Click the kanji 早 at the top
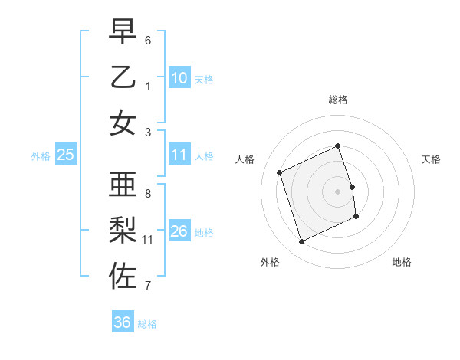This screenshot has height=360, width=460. pyautogui.click(x=123, y=32)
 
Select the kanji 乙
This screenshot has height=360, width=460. pyautogui.click(x=123, y=77)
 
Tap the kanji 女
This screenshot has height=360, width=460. pyautogui.click(x=123, y=123)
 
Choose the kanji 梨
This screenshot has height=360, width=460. pyautogui.click(x=123, y=230)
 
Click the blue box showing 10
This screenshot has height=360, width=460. pyautogui.click(x=179, y=78)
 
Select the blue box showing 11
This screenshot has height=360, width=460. pyautogui.click(x=179, y=155)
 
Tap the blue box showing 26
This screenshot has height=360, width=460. pyautogui.click(x=179, y=231)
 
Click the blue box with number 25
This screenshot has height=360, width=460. pyautogui.click(x=66, y=155)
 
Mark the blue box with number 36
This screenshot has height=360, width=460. pyautogui.click(x=123, y=322)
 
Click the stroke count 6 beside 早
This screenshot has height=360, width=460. pyautogui.click(x=148, y=40)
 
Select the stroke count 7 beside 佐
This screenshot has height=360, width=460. pyautogui.click(x=148, y=286)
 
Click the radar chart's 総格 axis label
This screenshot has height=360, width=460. pyautogui.click(x=338, y=100)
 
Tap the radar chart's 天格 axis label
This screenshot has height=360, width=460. pyautogui.click(x=431, y=159)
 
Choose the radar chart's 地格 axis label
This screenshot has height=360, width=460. pyautogui.click(x=402, y=262)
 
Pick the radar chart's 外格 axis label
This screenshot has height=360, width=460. pyautogui.click(x=270, y=262)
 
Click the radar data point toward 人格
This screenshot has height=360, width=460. pyautogui.click(x=280, y=172)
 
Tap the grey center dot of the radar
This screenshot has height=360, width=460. pyautogui.click(x=338, y=191)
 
